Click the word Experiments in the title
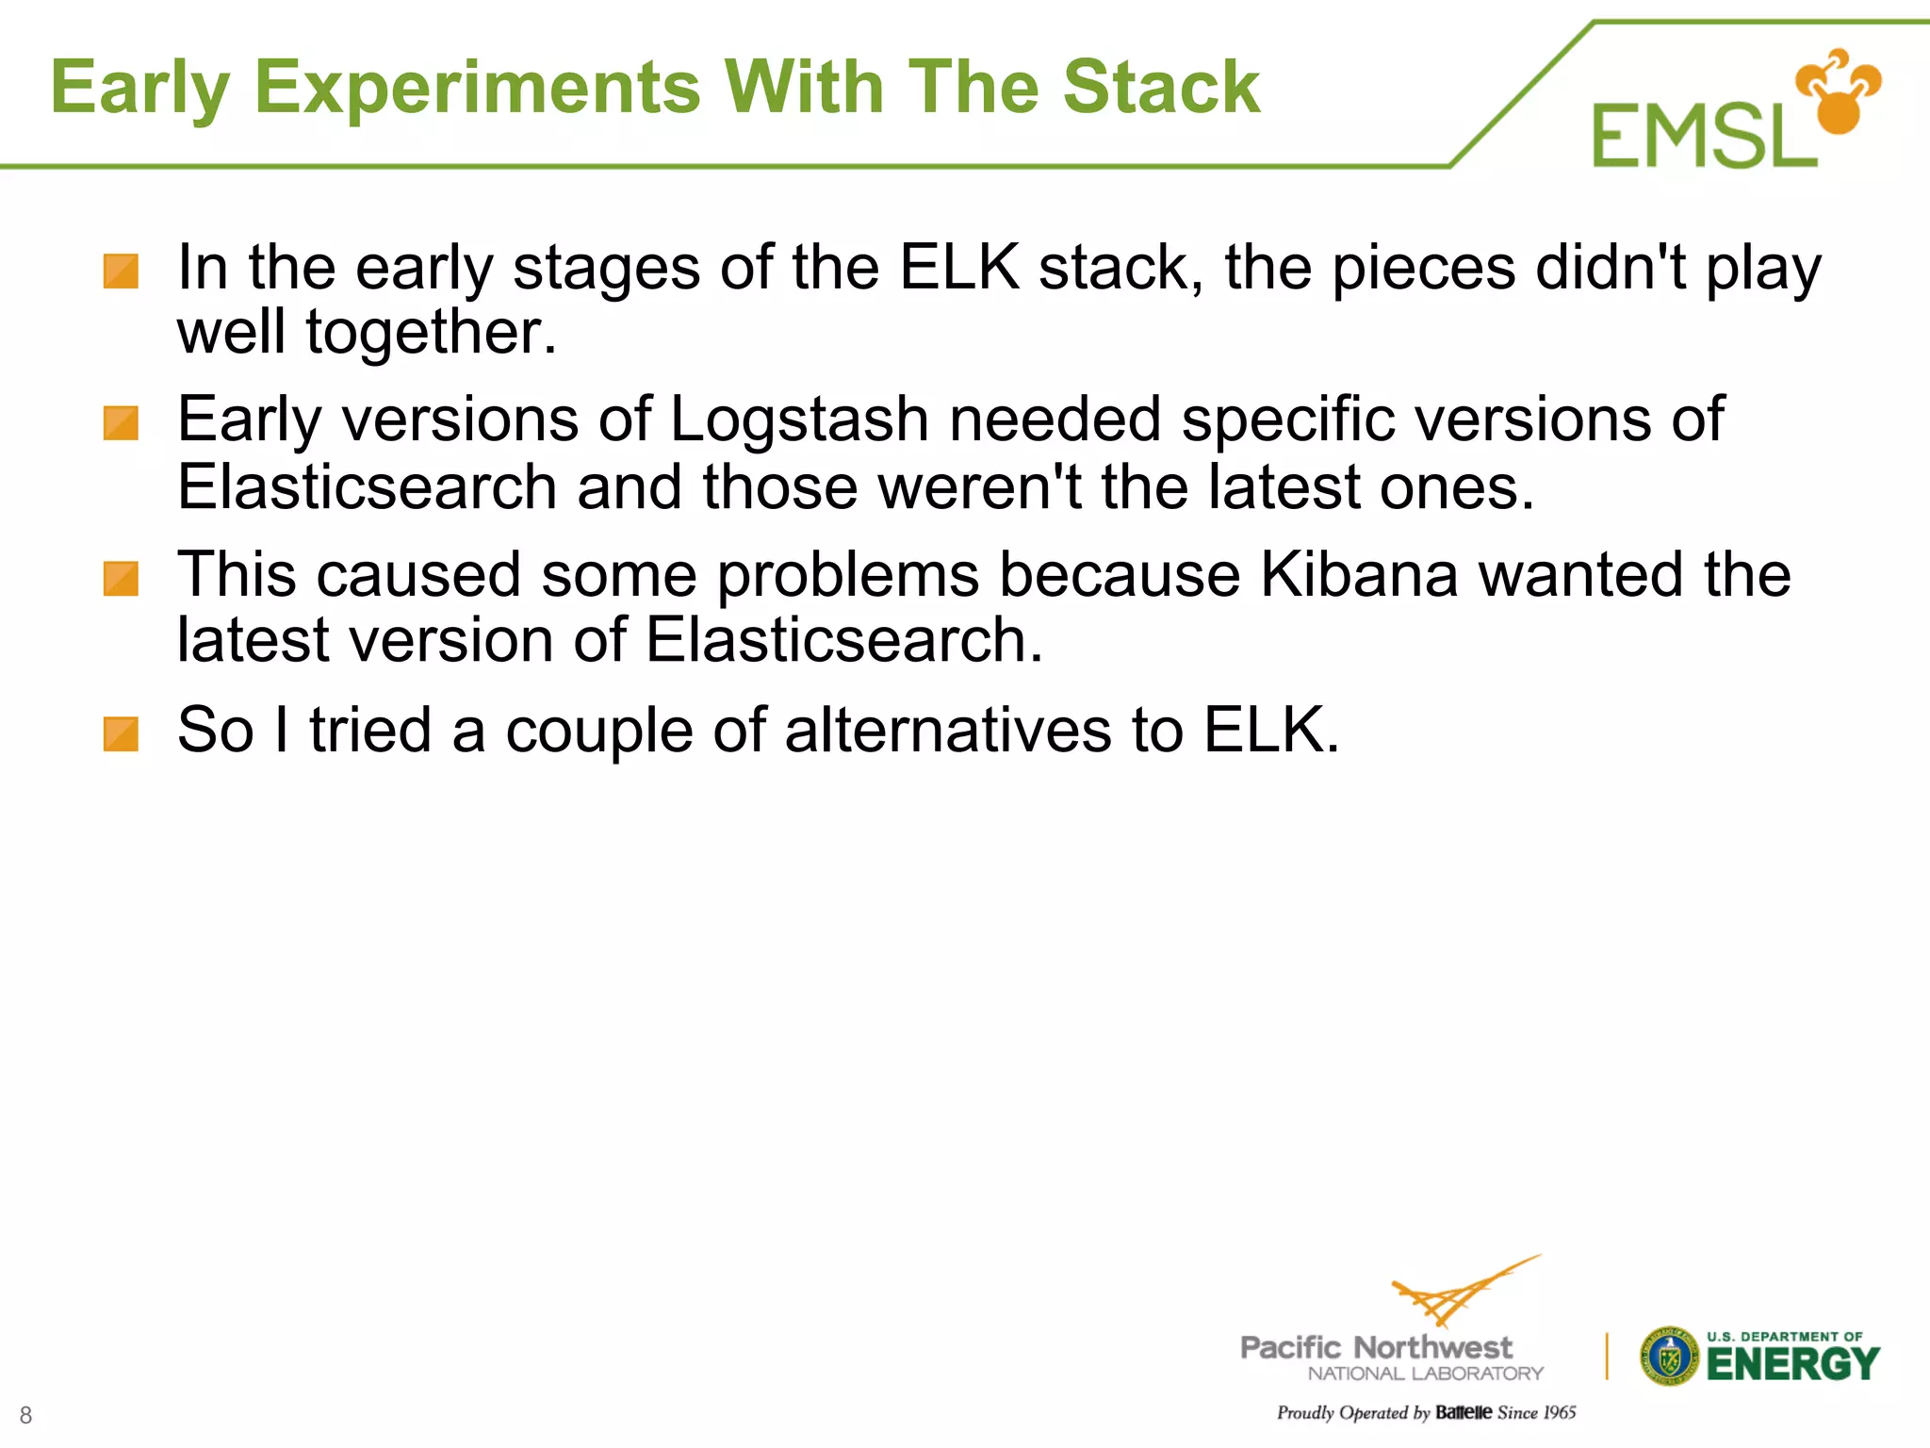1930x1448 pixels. (477, 88)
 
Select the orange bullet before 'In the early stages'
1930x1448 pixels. (121, 271)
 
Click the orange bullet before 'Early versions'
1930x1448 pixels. (121, 423)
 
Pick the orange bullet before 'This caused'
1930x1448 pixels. (121, 579)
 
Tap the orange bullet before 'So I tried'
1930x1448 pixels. (121, 734)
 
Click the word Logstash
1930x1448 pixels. (799, 420)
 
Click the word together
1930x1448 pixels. (431, 333)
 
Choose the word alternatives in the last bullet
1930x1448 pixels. (947, 731)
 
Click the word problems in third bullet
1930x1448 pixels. (847, 575)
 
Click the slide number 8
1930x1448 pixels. (25, 1414)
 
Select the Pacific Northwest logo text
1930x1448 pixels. (1376, 1348)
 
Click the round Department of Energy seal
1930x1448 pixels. (1668, 1357)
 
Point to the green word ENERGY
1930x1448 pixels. (1792, 1364)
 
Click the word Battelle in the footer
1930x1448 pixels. (1464, 1412)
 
